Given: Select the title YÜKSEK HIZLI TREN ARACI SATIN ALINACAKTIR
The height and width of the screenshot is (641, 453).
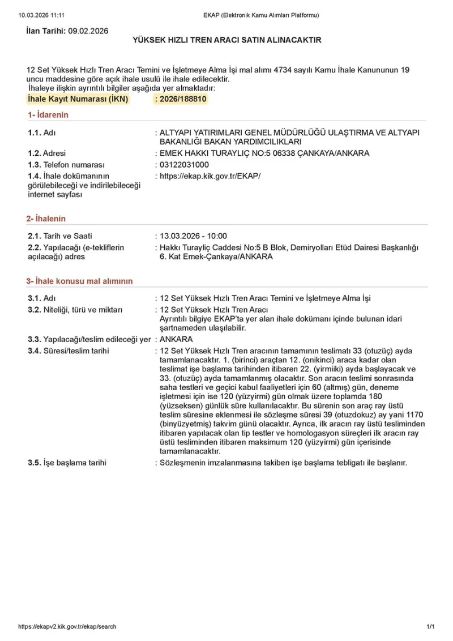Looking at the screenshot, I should coord(226,40).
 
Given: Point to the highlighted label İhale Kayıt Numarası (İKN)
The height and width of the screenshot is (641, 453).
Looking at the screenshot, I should coord(78,99).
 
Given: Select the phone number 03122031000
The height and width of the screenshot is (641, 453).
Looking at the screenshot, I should coord(185,164).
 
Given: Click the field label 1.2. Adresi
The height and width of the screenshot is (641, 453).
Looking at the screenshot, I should coord(47,153).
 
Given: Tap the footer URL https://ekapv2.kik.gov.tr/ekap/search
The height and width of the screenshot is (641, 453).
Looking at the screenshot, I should coord(67,626).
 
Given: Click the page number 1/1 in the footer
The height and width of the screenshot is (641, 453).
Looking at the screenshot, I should coord(430,626).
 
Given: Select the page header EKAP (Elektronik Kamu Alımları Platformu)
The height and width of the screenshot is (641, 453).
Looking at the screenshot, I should coord(261,15).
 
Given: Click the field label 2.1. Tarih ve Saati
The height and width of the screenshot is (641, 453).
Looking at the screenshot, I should coord(60,236).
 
